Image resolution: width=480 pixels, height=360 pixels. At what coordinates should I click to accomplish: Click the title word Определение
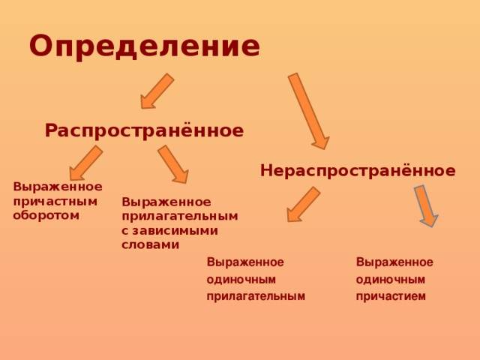[145, 47]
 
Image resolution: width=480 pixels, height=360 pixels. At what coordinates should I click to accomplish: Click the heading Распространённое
[144, 130]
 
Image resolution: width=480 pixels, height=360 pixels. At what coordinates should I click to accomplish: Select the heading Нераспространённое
[358, 170]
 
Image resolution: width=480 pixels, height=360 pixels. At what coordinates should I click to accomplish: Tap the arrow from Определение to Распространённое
[157, 91]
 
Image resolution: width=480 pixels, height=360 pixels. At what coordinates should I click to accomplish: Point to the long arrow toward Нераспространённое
[308, 111]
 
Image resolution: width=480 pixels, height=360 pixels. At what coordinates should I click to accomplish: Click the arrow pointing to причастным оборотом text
[85, 163]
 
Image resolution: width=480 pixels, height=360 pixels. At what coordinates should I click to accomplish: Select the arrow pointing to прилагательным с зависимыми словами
[173, 164]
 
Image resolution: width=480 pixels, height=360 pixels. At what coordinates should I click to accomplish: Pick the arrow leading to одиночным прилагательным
[303, 204]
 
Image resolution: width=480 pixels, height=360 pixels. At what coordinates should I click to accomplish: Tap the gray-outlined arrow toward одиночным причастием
[426, 206]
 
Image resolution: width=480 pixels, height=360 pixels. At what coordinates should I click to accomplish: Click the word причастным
[55, 202]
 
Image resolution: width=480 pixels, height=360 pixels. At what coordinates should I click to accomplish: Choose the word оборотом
[46, 215]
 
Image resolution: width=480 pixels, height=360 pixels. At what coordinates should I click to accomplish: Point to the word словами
[150, 244]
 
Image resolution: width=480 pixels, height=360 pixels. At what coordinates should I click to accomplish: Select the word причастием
[391, 297]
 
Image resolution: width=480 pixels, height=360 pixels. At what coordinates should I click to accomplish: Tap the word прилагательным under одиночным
[256, 297]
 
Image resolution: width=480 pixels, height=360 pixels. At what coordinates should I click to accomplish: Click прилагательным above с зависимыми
[180, 217]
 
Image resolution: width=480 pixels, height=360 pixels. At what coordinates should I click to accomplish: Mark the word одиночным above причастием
[390, 279]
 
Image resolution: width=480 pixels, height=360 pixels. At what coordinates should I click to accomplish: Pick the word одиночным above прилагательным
[241, 279]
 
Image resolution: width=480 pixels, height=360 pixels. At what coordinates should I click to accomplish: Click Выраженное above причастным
[58, 187]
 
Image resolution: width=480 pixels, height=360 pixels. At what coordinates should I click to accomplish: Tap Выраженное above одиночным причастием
[394, 262]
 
